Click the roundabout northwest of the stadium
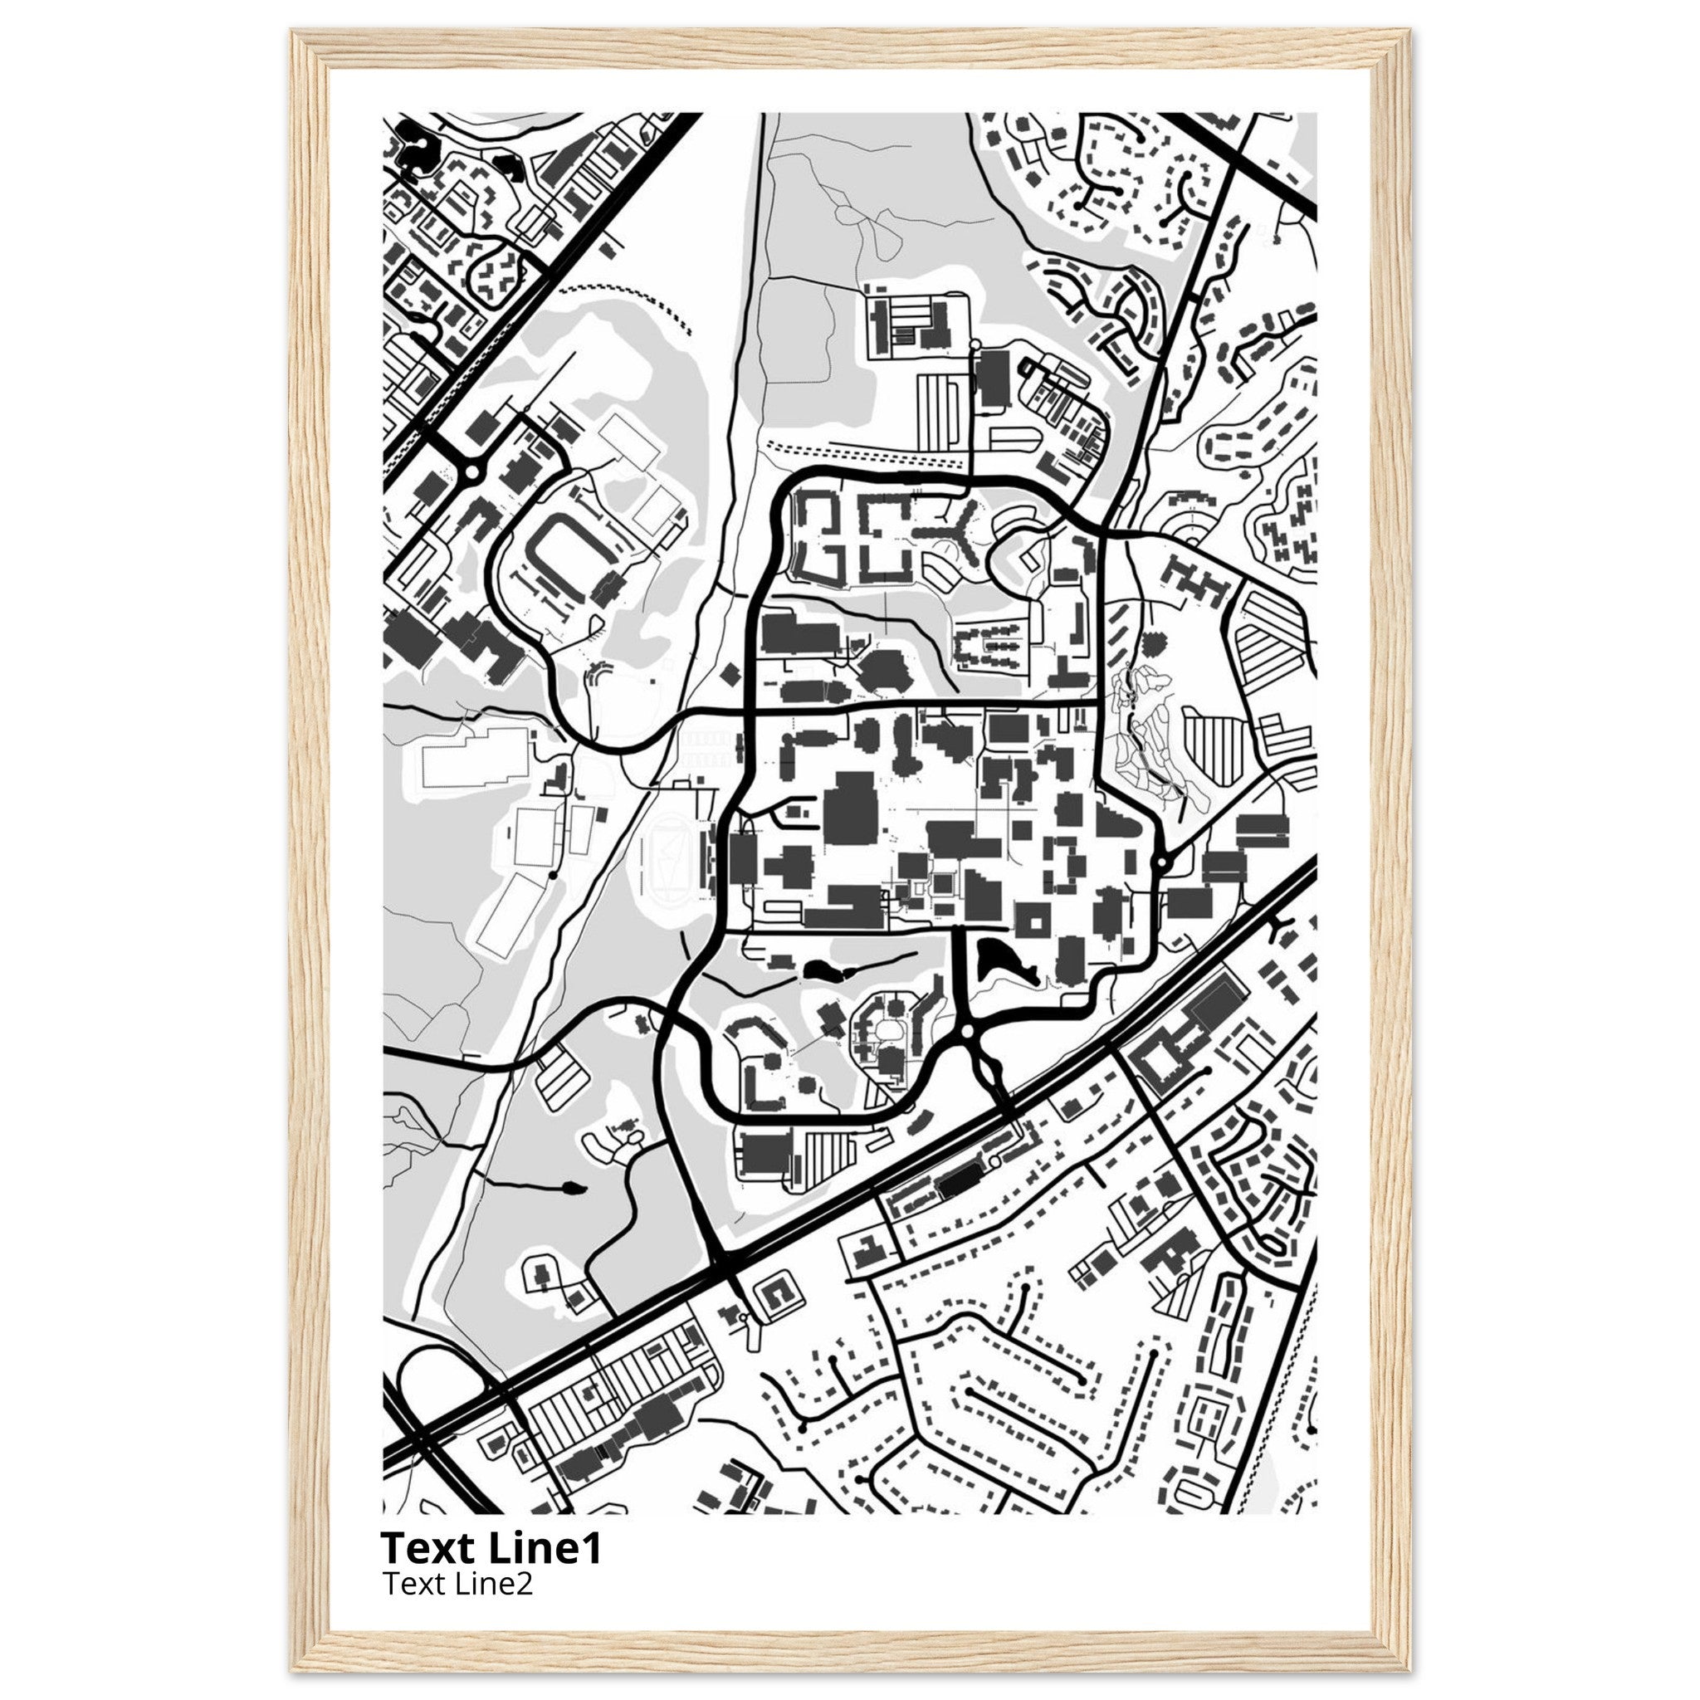click(x=472, y=472)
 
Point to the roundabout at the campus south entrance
click(x=967, y=1029)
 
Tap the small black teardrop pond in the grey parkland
click(x=572, y=1189)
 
